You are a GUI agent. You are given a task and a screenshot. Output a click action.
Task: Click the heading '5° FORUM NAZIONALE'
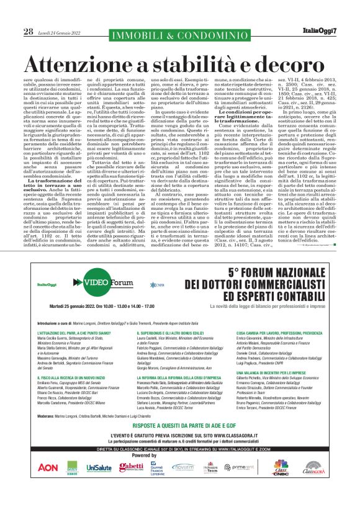[252, 272]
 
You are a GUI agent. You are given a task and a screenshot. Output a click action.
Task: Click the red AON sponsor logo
[48, 467]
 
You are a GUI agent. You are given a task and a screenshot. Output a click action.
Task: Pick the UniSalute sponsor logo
[99, 467]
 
